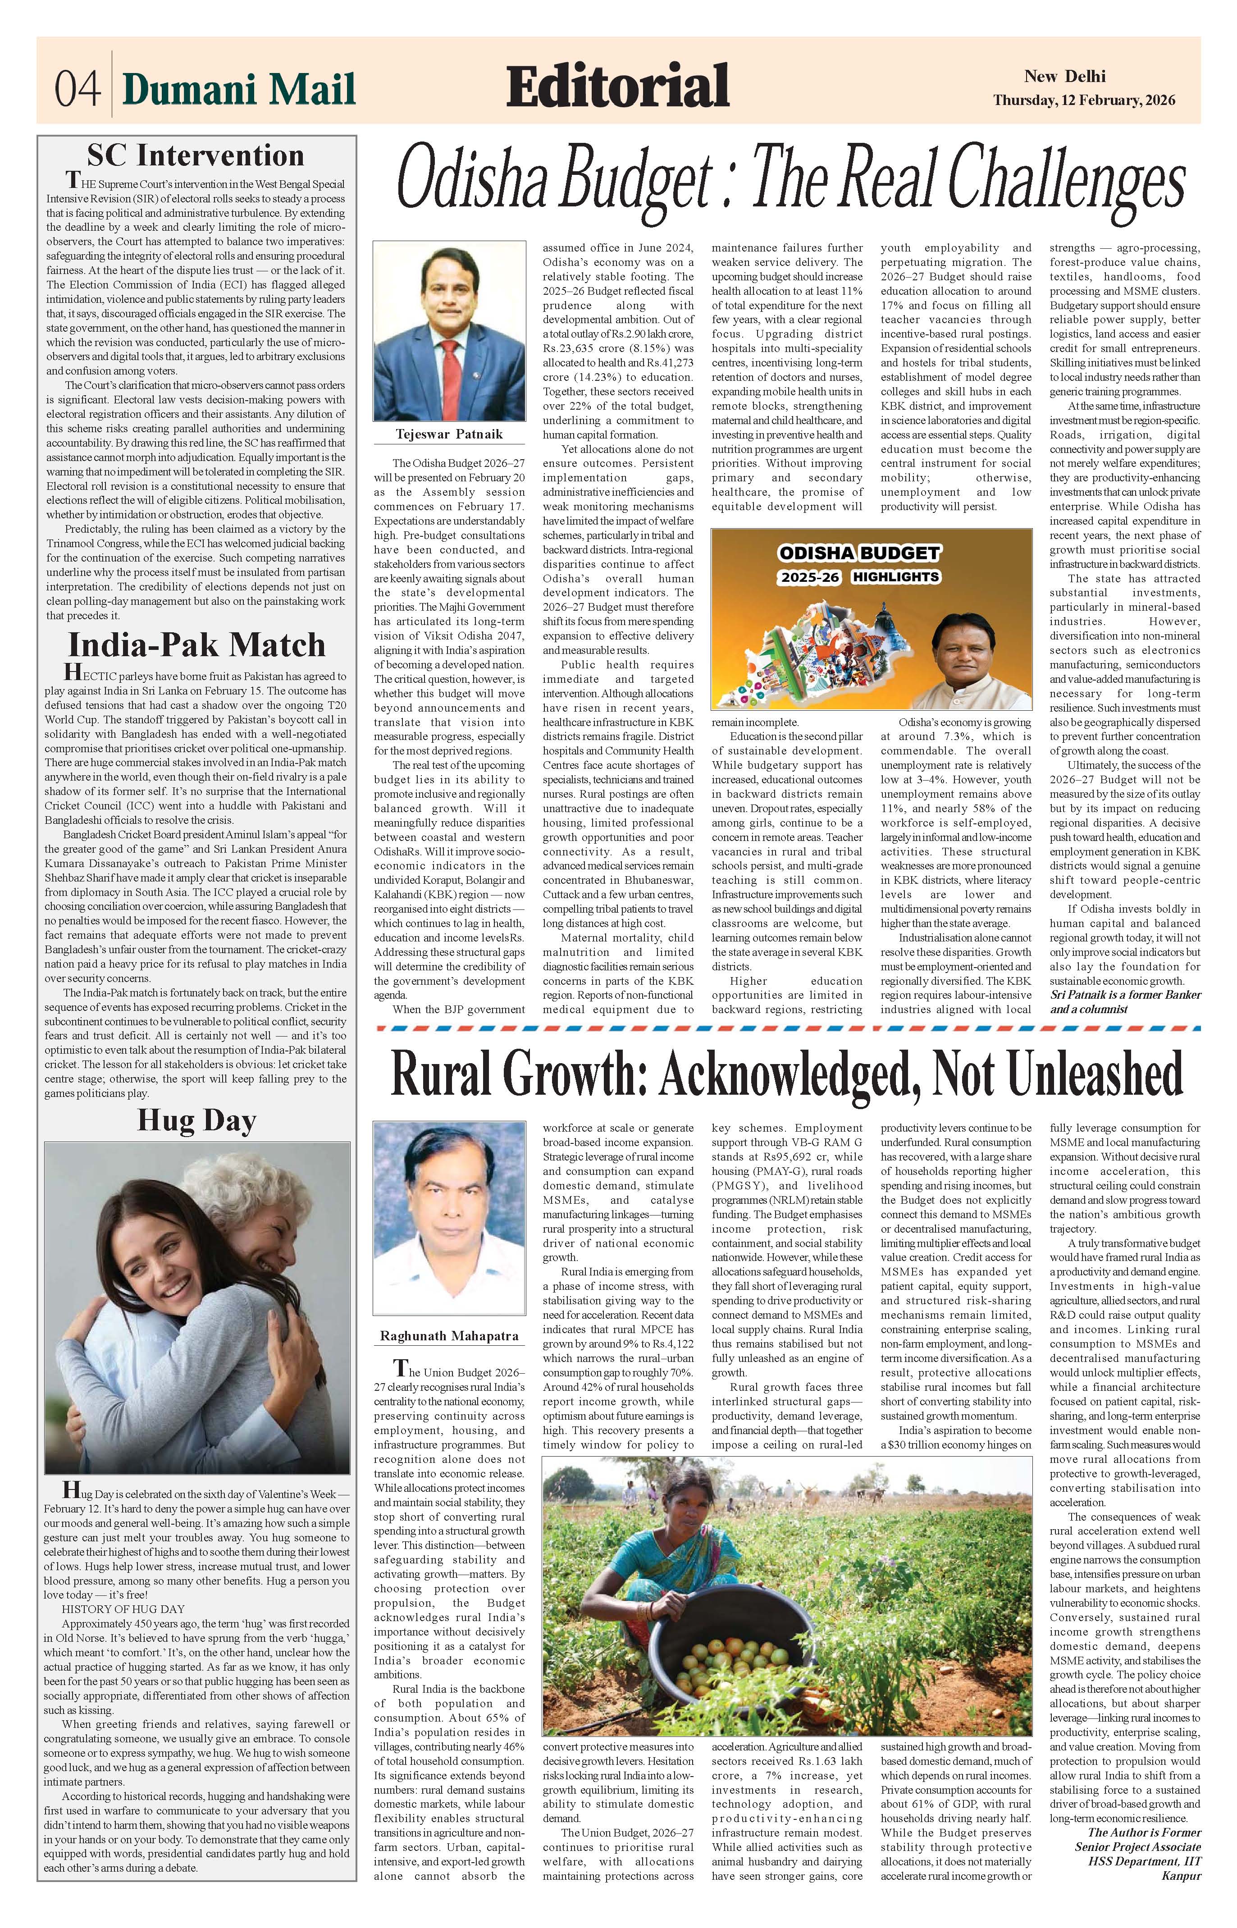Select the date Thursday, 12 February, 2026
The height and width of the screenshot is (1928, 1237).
[1084, 101]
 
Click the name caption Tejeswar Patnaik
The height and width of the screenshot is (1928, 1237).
[449, 434]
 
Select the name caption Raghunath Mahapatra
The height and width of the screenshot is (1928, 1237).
[449, 1336]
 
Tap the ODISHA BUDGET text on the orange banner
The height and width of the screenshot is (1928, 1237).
[858, 553]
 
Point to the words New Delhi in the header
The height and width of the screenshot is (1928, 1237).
[1064, 76]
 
